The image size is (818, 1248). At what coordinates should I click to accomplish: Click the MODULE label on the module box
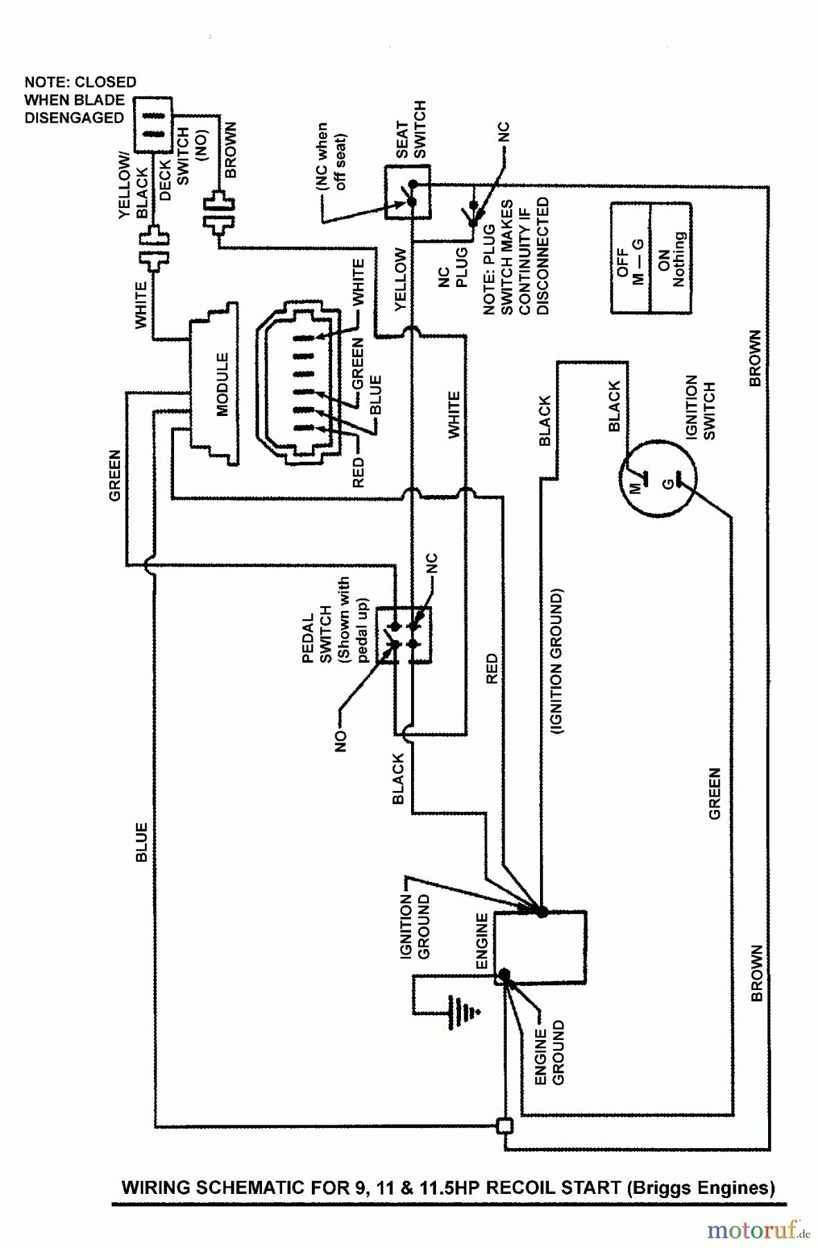[x=222, y=385]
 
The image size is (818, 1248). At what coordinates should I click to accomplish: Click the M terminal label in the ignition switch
[x=636, y=487]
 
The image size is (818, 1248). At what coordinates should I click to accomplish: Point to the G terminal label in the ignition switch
[x=667, y=483]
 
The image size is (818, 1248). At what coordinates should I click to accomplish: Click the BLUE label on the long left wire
[x=141, y=842]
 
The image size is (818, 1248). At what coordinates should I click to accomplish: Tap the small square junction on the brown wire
[x=505, y=1125]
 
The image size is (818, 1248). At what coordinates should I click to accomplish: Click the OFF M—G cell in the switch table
[x=630, y=259]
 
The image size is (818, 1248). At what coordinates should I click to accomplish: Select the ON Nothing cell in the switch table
[x=671, y=259]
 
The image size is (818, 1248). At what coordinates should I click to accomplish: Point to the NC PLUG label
[x=453, y=268]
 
